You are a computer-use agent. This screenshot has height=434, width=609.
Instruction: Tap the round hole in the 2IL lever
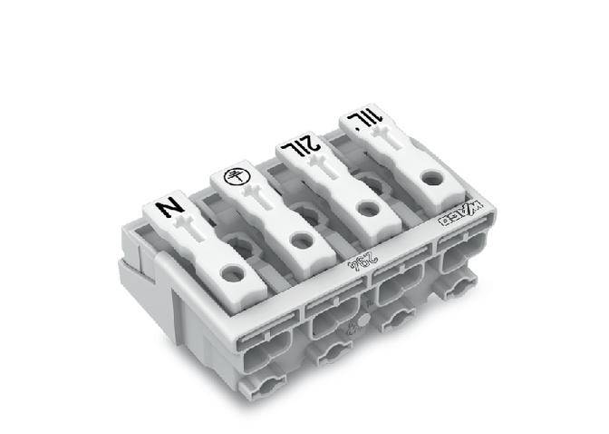tap(367, 208)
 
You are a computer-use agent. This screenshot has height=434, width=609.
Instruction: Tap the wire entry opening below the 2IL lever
tap(395, 290)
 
